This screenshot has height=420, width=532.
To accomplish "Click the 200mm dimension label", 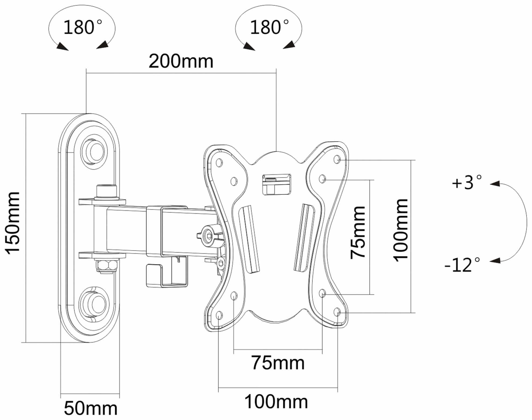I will (181, 62).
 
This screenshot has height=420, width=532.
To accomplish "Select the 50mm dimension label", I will (91, 408).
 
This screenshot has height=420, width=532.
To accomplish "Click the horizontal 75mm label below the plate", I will (278, 363).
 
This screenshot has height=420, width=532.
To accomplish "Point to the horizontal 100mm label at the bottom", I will (276, 402).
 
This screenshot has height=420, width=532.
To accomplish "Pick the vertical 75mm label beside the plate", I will (358, 233).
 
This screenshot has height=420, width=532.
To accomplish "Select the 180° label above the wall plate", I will (82, 27).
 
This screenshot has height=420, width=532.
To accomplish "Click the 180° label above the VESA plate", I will (269, 27).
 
